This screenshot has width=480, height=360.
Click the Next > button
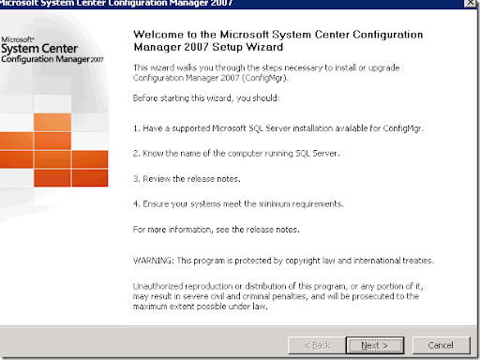coord(375,345)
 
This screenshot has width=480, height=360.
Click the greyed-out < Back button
coord(317,345)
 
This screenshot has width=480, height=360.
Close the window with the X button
coord(470,3)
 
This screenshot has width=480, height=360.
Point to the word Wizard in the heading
coord(264,47)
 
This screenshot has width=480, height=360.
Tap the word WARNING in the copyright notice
coord(153,261)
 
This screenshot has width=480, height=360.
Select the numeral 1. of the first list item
coord(137,128)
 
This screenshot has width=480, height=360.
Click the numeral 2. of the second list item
coord(137,154)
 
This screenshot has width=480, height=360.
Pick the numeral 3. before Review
coord(137,179)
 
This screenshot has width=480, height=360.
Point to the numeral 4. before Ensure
coord(137,204)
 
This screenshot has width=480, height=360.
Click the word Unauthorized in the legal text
coord(157,286)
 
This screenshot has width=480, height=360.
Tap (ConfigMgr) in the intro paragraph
coord(265,78)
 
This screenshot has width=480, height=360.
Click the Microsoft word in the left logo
coord(17,39)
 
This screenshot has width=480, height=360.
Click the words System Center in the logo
coord(39,49)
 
